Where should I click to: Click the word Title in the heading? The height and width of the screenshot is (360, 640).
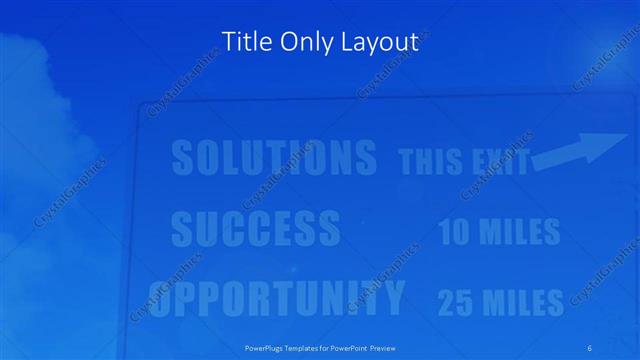click(x=243, y=42)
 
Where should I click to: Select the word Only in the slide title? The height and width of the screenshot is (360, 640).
click(x=302, y=42)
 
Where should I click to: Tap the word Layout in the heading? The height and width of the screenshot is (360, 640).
click(x=378, y=43)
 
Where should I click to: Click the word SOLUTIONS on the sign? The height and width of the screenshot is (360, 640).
click(x=273, y=158)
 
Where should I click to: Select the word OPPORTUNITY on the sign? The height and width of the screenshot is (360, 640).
click(x=279, y=297)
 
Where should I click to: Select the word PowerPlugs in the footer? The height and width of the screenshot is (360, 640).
click(x=267, y=347)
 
